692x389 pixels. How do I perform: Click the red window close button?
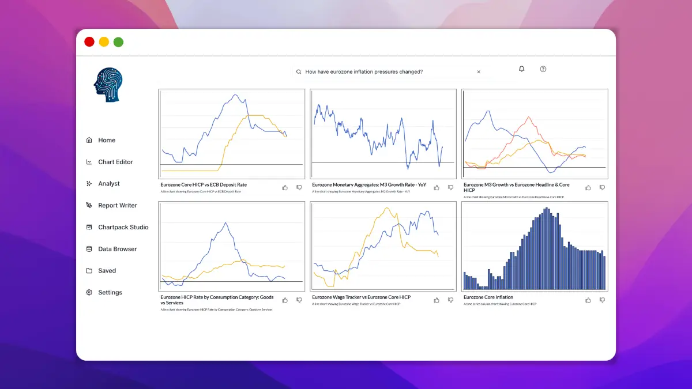click(x=89, y=41)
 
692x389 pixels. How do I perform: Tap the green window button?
click(x=118, y=41)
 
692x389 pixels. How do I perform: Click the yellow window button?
click(x=104, y=41)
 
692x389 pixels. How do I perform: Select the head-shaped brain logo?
click(x=108, y=85)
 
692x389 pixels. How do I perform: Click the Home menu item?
click(x=107, y=140)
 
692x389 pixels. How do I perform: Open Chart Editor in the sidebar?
click(x=115, y=162)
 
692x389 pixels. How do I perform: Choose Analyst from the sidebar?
click(x=109, y=184)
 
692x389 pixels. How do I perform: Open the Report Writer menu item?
click(x=118, y=205)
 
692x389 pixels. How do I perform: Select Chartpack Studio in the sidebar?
click(x=123, y=227)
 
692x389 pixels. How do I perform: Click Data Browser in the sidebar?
click(x=118, y=249)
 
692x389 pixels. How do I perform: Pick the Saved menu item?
click(x=107, y=271)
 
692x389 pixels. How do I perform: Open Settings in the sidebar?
click(x=110, y=293)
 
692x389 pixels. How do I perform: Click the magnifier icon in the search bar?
click(x=299, y=72)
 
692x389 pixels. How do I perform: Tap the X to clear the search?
click(x=479, y=72)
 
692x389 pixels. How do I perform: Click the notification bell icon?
click(x=522, y=69)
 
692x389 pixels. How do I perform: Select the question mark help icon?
click(x=543, y=69)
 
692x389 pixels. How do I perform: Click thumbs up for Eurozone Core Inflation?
click(x=588, y=300)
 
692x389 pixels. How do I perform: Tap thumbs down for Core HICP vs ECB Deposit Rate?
click(x=299, y=187)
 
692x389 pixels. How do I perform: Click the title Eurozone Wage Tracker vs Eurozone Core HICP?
click(x=361, y=297)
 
